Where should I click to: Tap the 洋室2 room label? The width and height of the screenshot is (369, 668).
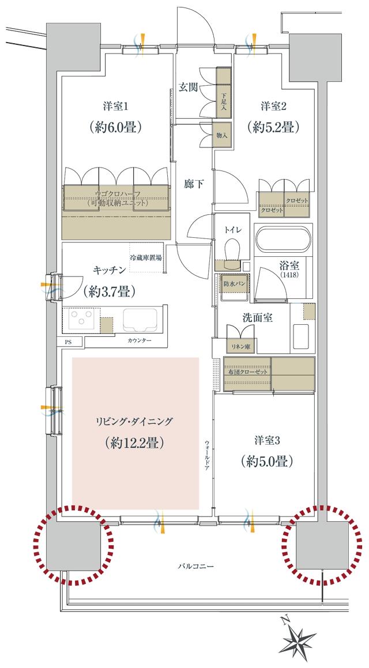point(272,106)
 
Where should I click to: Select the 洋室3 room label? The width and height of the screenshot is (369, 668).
point(267,441)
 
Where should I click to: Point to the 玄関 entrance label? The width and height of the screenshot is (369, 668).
point(188,88)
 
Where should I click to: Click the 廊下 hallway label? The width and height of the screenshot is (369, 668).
point(193,184)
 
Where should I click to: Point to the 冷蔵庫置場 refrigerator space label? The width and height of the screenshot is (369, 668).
point(145,257)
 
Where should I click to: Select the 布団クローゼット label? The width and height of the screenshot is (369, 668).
point(247,372)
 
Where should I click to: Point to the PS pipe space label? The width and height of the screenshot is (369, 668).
point(68,341)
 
